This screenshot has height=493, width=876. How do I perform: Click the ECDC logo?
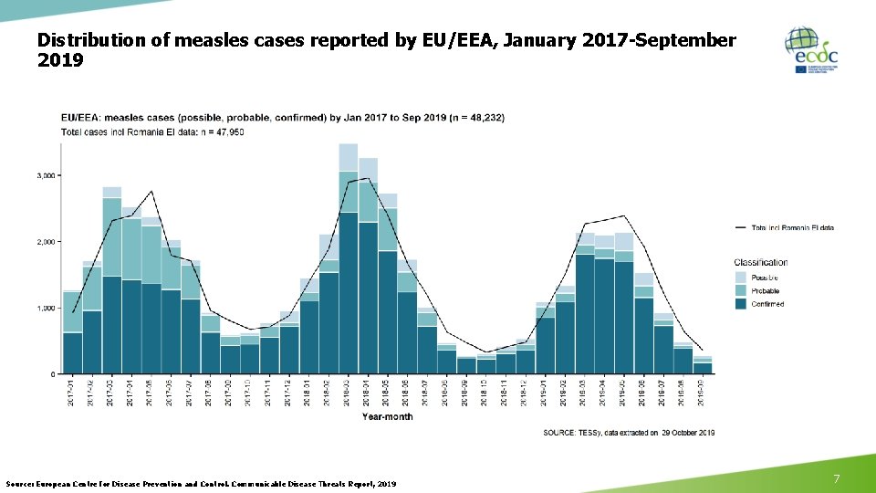(810, 50)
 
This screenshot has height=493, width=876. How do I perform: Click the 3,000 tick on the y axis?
(45, 174)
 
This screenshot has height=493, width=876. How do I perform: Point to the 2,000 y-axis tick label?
(45, 242)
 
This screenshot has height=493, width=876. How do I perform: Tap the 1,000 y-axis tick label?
(45, 309)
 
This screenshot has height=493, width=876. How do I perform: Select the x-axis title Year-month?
(387, 417)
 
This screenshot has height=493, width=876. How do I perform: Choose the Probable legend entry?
(766, 290)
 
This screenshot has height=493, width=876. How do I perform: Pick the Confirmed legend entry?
(767, 304)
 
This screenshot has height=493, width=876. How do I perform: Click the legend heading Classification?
(760, 262)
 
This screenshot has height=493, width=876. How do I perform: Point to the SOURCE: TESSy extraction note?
(629, 432)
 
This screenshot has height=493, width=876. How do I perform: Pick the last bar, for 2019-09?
(703, 366)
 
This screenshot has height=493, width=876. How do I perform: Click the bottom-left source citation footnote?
(201, 482)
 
